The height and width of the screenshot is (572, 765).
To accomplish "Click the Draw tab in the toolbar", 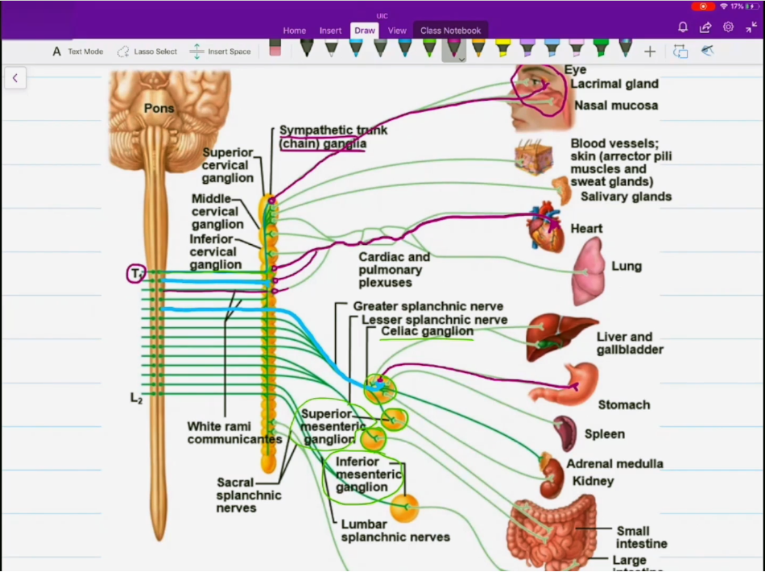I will [x=365, y=31].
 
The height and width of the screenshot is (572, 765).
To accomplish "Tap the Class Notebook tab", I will [x=450, y=31].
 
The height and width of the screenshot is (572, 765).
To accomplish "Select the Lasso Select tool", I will [x=147, y=52].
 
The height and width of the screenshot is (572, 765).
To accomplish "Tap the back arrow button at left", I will [x=14, y=77].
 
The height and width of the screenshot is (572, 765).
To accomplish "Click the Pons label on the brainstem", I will [x=159, y=108].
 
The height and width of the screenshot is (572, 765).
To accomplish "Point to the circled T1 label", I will [x=136, y=274].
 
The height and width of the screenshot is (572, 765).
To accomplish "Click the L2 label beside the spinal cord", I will [x=136, y=397].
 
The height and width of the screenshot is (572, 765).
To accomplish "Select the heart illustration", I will [x=545, y=228].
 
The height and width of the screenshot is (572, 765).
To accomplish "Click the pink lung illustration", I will [x=589, y=270].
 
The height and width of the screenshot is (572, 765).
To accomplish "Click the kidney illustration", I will [x=552, y=477].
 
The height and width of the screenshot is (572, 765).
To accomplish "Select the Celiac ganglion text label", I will [x=427, y=331].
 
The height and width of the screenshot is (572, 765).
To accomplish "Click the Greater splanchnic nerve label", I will [x=428, y=306].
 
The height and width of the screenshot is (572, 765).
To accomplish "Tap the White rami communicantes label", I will [x=234, y=433].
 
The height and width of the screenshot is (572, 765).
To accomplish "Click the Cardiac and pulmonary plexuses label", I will [x=394, y=269].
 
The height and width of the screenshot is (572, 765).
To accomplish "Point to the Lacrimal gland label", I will [x=614, y=84].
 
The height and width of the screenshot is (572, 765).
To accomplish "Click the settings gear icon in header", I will [x=728, y=27].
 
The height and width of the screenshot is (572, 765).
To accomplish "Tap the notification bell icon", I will [x=683, y=27].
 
